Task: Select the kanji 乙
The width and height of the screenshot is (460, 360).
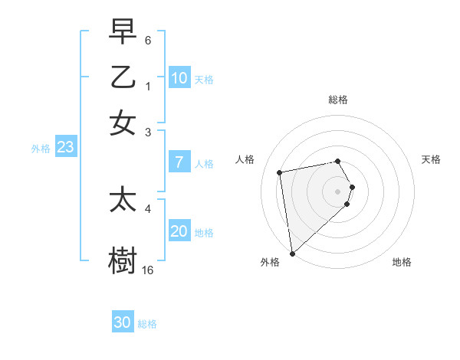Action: [123, 77]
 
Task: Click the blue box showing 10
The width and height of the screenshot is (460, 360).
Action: [179, 78]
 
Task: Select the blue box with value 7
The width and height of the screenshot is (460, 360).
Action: [179, 162]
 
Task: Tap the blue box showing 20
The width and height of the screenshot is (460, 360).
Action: [179, 231]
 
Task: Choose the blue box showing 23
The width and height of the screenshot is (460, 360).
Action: [65, 148]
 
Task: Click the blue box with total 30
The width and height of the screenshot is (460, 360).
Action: [123, 322]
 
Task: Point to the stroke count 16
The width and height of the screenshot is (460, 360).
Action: [148, 270]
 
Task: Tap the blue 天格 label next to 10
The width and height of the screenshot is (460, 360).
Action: [204, 79]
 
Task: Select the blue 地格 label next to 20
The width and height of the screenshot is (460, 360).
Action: [204, 232]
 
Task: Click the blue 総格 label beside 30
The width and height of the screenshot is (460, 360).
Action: [147, 324]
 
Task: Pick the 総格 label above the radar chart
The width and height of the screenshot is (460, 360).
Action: [338, 100]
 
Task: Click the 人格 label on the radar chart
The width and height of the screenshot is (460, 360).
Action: [245, 159]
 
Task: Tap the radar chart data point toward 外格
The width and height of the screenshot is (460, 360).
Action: [292, 253]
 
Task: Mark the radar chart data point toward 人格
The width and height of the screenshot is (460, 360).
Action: [280, 172]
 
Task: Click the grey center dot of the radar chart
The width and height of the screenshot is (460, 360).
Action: [338, 190]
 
